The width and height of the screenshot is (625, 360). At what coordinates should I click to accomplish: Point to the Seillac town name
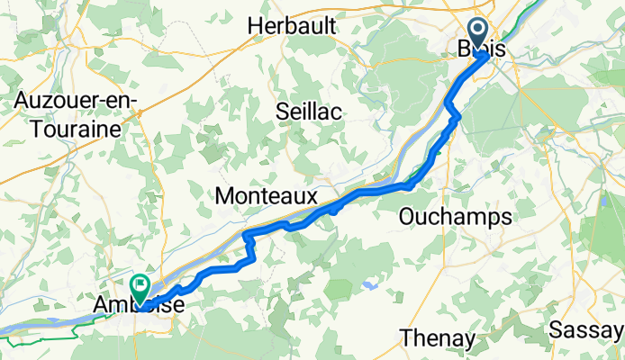(x=312, y=112)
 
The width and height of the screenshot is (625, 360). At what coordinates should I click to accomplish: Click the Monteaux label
(x=267, y=196)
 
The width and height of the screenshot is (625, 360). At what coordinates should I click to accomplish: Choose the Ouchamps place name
(x=455, y=217)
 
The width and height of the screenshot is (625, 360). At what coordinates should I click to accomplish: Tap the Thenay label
(x=437, y=338)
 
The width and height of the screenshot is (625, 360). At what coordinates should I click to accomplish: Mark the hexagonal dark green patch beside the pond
(x=339, y=289)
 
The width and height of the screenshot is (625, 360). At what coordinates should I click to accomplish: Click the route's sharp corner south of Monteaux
(x=246, y=236)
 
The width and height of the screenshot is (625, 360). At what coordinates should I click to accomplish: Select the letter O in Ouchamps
(x=407, y=217)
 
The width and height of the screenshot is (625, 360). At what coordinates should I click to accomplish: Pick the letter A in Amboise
(x=102, y=307)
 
